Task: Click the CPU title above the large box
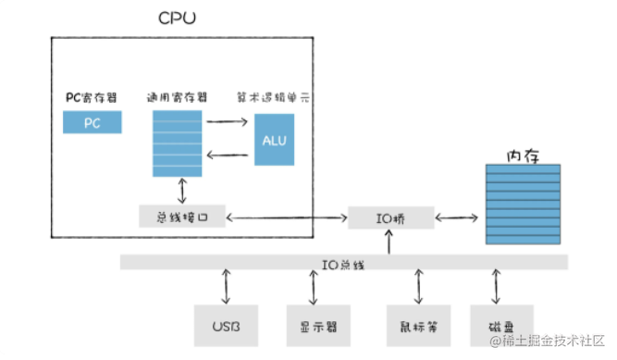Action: click(177, 19)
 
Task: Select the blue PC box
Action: click(92, 122)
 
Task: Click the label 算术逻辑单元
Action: click(275, 96)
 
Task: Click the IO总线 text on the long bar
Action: click(344, 264)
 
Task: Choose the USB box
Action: click(226, 326)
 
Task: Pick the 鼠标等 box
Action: click(418, 326)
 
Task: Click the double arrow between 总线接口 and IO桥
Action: click(286, 218)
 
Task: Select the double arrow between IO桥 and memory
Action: click(459, 218)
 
